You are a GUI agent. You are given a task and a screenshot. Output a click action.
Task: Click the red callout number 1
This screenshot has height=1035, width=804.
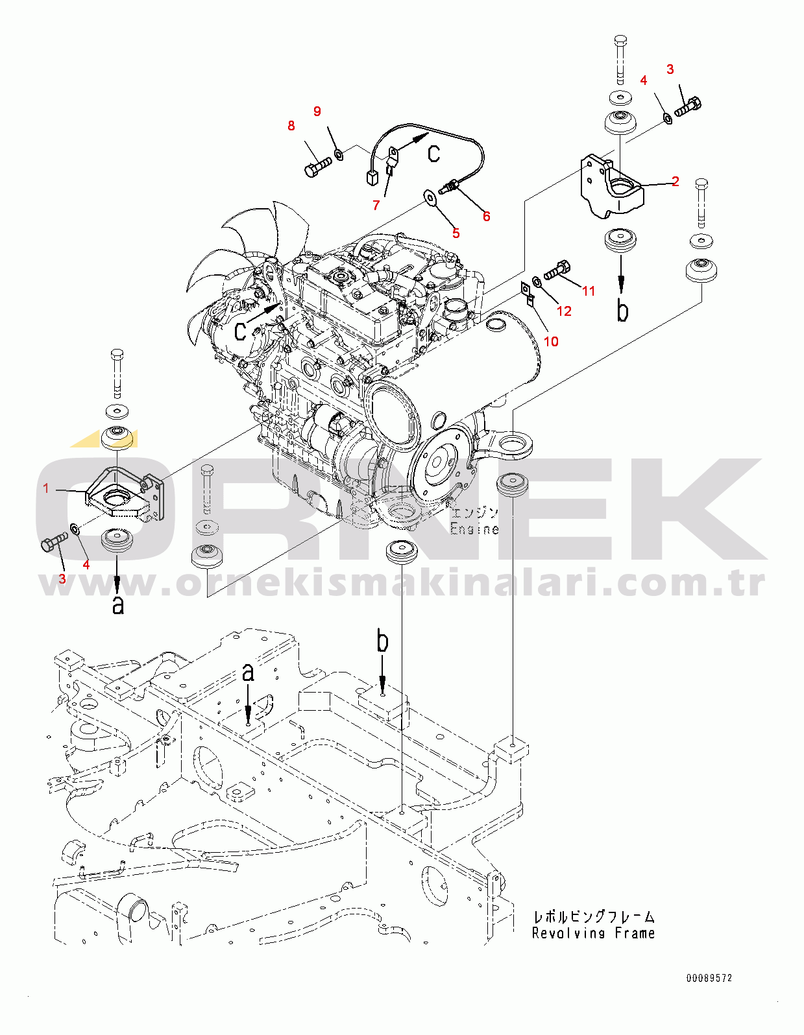(x=46, y=488)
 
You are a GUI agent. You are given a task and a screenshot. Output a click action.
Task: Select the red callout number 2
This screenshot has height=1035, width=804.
(x=676, y=181)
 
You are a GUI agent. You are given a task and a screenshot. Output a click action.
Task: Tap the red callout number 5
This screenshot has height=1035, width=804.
(x=456, y=233)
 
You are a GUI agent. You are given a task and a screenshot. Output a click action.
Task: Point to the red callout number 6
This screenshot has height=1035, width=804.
(x=486, y=216)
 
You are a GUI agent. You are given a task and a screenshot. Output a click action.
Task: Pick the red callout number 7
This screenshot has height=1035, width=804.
(x=376, y=206)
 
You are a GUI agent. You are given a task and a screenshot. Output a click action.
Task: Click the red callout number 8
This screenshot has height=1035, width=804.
(x=291, y=126)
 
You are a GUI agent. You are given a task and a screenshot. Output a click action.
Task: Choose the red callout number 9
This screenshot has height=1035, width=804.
(x=317, y=111)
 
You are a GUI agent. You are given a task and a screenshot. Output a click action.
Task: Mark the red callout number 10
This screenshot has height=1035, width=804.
(x=551, y=342)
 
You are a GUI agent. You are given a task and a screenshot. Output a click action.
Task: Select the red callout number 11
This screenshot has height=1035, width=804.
(x=589, y=291)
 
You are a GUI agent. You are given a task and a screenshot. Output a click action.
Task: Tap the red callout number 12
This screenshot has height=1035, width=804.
(x=564, y=311)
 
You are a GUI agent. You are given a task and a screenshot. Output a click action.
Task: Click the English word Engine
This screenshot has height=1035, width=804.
(x=474, y=529)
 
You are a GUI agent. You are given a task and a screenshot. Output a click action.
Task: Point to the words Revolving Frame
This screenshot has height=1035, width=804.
(x=593, y=933)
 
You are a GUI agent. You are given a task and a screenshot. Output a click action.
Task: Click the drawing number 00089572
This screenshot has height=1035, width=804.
(x=709, y=978)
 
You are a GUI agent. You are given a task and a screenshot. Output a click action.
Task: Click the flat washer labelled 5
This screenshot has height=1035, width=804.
(x=430, y=197)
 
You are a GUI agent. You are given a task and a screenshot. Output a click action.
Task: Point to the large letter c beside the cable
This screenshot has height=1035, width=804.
(x=433, y=153)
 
